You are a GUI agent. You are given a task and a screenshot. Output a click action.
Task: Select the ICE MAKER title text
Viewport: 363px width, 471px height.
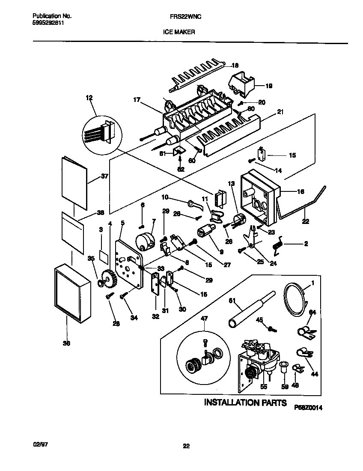click(179, 31)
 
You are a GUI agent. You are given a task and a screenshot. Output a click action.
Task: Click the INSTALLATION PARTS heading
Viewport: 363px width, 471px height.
click(244, 402)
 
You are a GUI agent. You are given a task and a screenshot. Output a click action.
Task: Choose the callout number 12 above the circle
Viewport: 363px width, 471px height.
click(89, 98)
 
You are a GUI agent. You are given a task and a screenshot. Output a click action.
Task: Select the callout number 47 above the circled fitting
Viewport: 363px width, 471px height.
click(204, 319)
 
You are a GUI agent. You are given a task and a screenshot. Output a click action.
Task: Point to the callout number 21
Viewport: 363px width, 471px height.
click(280, 112)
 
